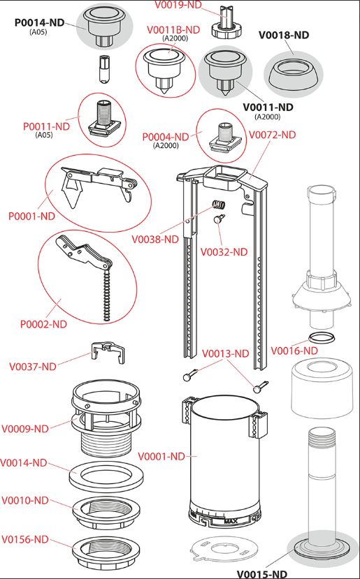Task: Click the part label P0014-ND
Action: [x=39, y=22]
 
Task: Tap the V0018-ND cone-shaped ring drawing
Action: [x=293, y=73]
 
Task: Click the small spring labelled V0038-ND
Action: [x=219, y=205]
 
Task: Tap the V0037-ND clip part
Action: [x=108, y=352]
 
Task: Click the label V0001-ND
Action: [x=161, y=456]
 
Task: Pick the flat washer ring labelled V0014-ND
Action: [x=106, y=476]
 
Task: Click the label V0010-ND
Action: [x=25, y=500]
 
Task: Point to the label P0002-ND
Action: [x=43, y=324]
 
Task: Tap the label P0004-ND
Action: [x=166, y=137]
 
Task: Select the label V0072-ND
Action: [x=273, y=135]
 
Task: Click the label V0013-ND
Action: [x=226, y=353]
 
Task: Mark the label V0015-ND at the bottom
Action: [x=261, y=574]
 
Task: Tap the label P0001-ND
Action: [x=31, y=216]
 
